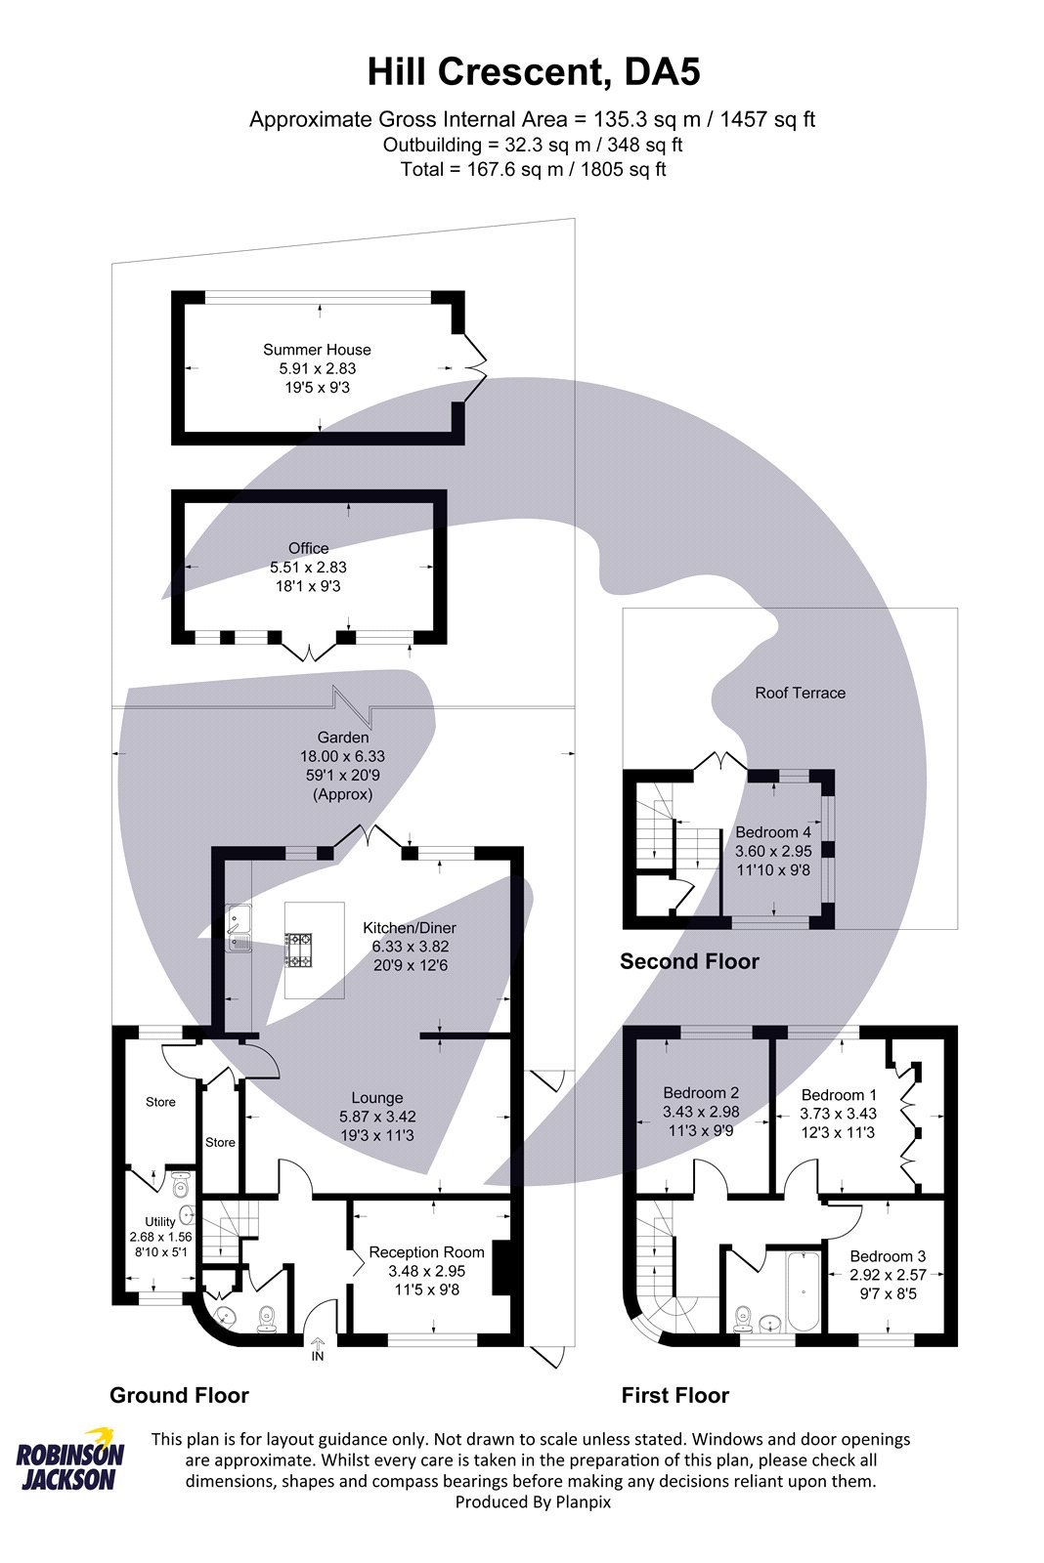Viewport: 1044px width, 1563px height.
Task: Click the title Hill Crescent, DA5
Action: pos(533,72)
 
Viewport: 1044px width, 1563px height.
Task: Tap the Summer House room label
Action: pos(317,350)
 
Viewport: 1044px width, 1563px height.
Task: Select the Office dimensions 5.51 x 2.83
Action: pos(308,567)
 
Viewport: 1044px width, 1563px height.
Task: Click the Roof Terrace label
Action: pos(800,693)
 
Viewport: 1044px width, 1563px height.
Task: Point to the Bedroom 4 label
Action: pos(772,832)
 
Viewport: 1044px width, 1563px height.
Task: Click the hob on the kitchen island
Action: pos(299,950)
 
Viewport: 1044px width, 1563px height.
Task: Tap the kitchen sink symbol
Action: pos(239,928)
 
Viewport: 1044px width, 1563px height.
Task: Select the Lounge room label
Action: pos(377,1098)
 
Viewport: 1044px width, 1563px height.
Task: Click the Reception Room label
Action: pos(426,1252)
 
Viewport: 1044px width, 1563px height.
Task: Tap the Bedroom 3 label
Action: pos(887,1256)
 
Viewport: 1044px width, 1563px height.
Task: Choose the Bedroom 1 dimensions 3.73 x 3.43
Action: pos(838,1114)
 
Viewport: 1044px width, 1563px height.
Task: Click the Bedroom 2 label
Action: pos(700,1093)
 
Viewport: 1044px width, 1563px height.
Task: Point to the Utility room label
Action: pos(159,1221)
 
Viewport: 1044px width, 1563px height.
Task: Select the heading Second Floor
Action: pos(689,961)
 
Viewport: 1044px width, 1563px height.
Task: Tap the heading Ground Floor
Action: pos(179,1395)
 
